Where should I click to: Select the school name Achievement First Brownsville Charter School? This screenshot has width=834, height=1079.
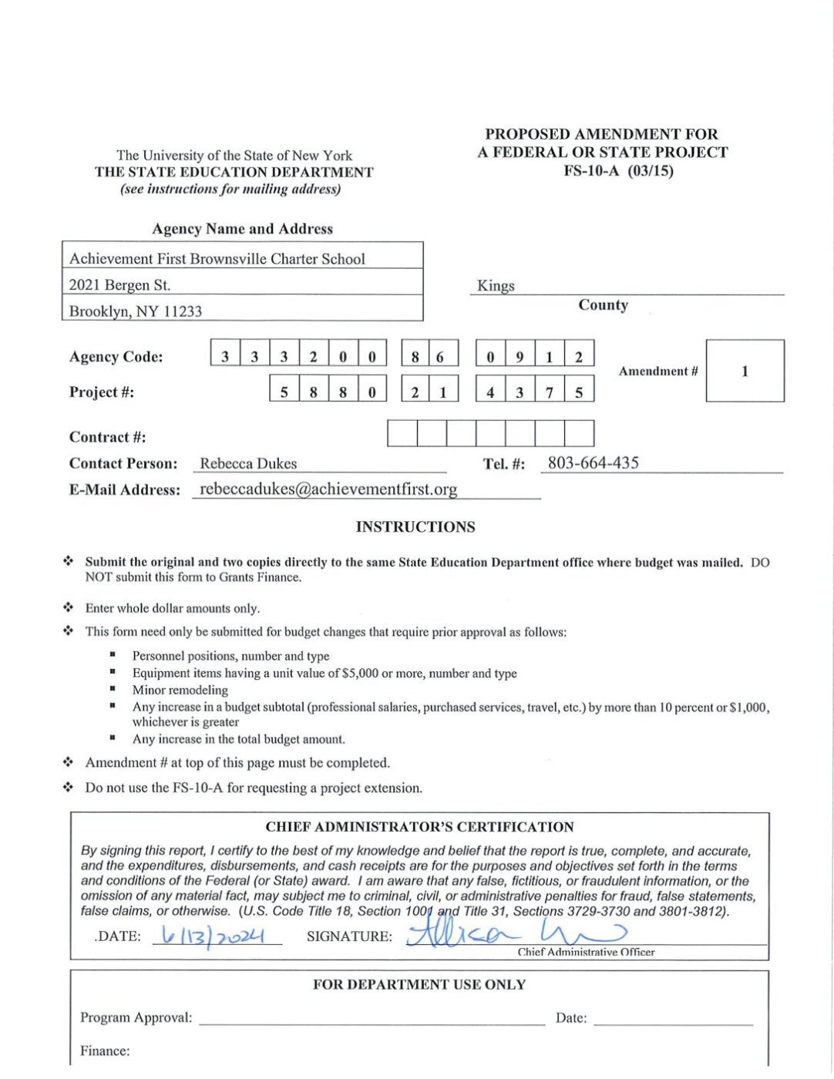point(217,259)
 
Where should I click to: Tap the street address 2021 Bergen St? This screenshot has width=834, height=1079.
point(119,285)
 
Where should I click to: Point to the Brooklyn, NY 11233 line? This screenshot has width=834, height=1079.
point(136,311)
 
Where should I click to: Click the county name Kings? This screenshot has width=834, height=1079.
point(496,286)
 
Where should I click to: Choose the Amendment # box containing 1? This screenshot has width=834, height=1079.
point(745,371)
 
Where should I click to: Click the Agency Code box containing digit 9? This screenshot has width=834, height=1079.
point(520,357)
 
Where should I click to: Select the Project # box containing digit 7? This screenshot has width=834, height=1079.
point(549,392)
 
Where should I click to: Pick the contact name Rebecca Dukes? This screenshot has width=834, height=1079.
point(248,464)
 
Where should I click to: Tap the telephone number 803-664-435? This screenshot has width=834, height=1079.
point(593,463)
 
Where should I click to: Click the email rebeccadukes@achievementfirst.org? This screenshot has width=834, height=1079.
point(328,489)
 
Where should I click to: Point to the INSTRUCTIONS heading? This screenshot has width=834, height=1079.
point(415,527)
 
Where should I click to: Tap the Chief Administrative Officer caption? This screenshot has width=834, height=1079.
point(586,953)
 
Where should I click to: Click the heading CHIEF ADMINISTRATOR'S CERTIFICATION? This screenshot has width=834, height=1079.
point(419,827)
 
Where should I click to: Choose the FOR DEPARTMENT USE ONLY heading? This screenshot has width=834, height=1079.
point(419,985)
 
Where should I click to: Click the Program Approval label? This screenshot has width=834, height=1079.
point(136,1018)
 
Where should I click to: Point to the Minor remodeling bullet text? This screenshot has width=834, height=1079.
point(180,691)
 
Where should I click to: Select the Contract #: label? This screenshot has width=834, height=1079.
point(107,438)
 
